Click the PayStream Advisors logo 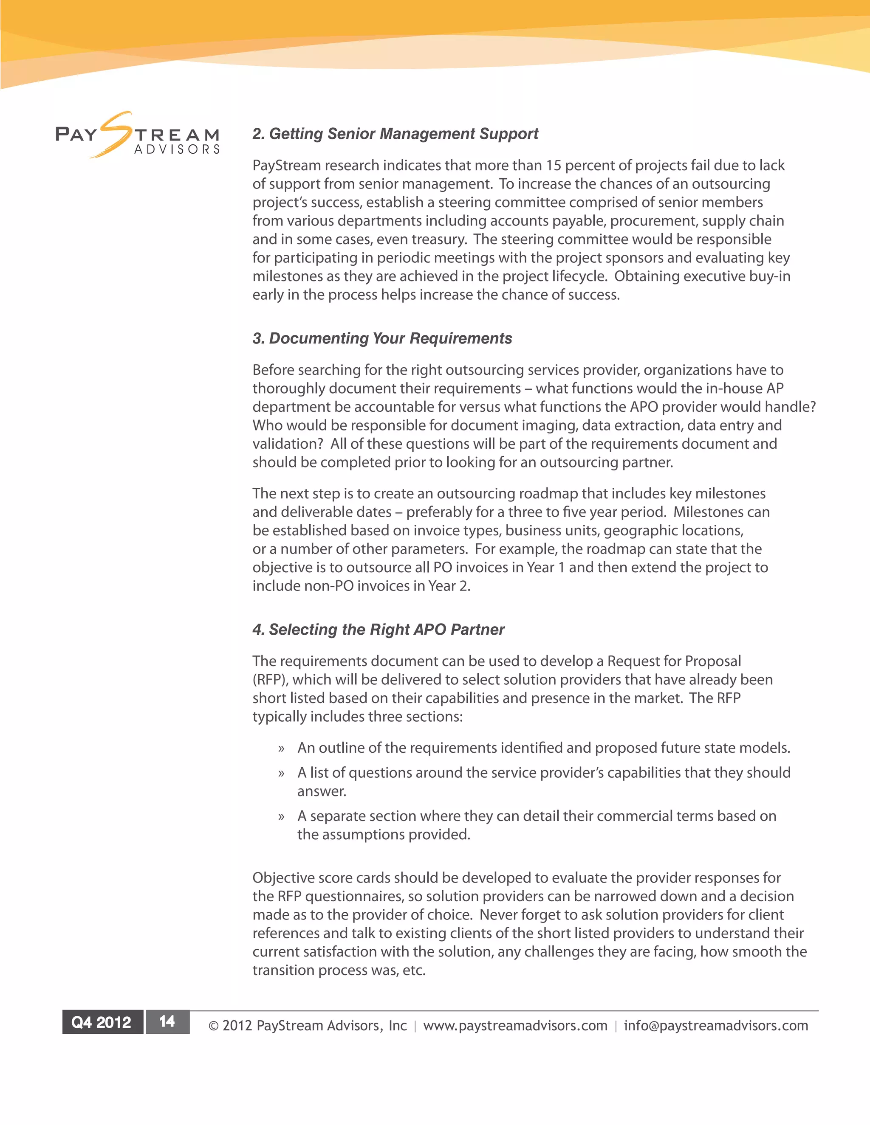click(x=137, y=135)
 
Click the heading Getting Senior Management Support click(x=395, y=134)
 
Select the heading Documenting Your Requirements click(x=382, y=338)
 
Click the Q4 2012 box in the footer click(x=102, y=1022)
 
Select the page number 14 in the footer click(x=167, y=1022)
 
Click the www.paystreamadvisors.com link click(x=515, y=1026)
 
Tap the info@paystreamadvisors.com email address click(x=716, y=1026)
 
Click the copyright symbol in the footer click(x=213, y=1026)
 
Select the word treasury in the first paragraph click(x=438, y=239)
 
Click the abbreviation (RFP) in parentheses click(x=270, y=680)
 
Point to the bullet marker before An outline click(x=281, y=749)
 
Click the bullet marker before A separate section click(x=281, y=817)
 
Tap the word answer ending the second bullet click(x=322, y=792)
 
